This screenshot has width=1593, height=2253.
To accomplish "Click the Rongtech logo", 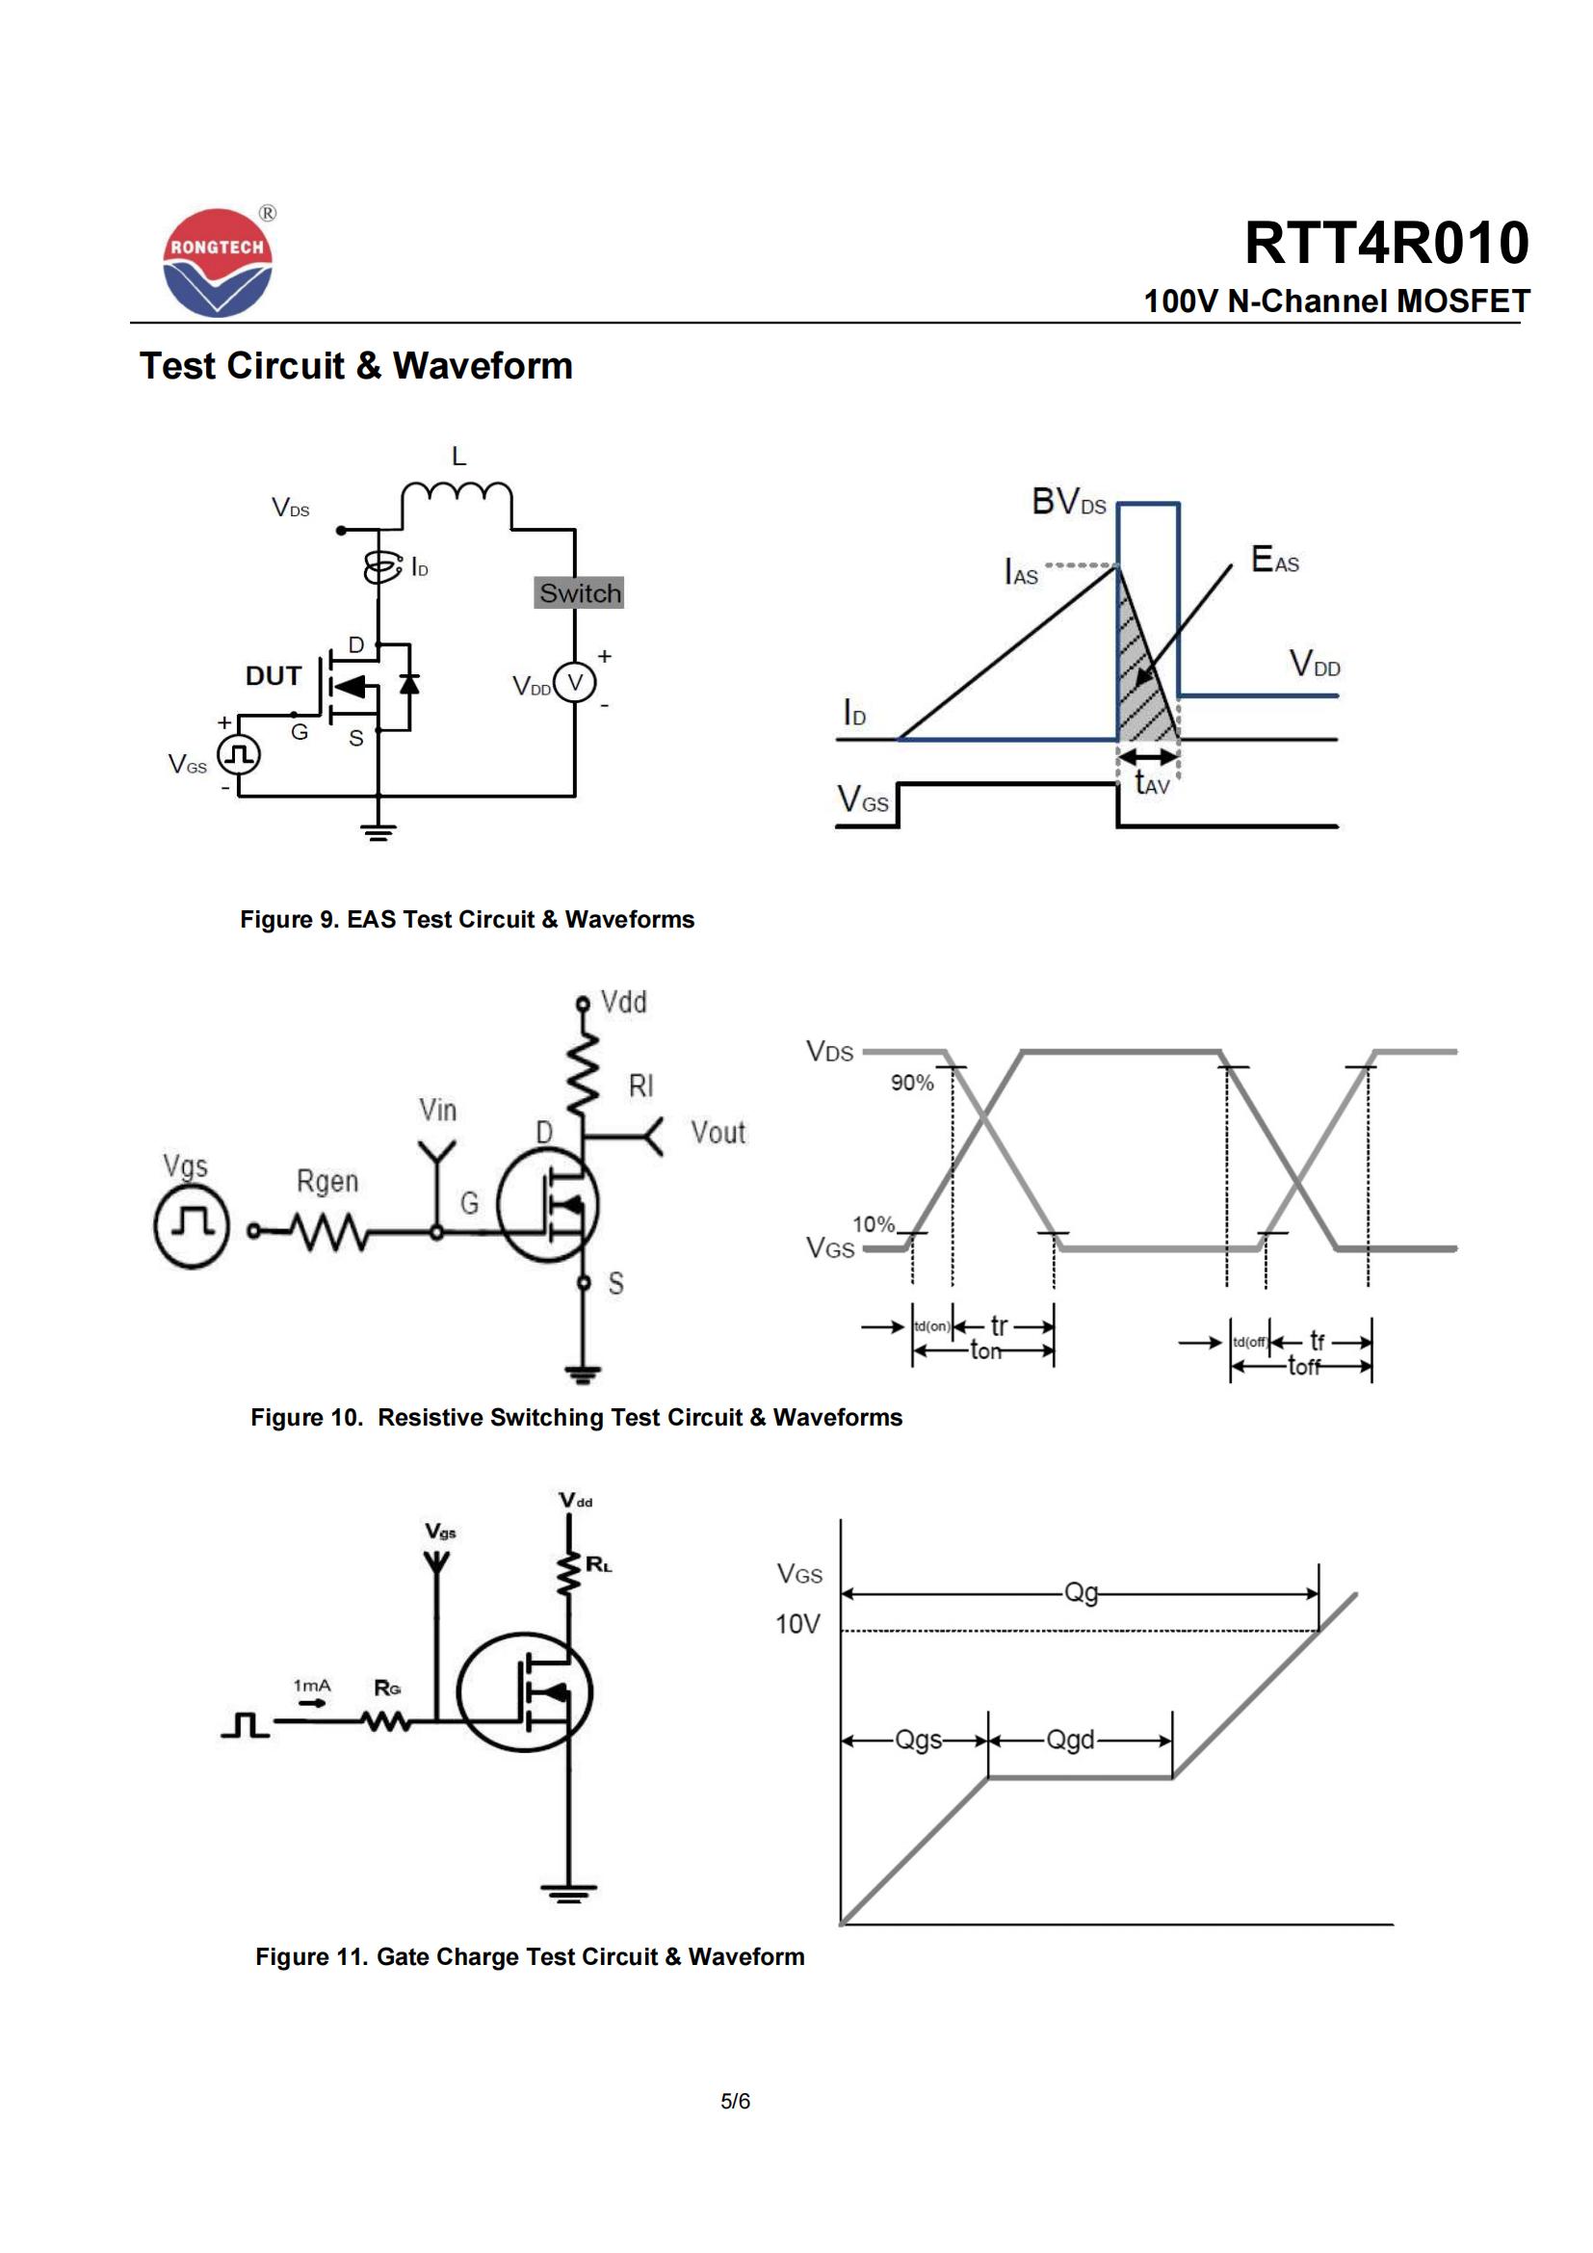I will coord(217,262).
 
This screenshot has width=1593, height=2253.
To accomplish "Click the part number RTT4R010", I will coord(1386,243).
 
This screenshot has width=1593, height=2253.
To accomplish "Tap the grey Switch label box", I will coord(579,592).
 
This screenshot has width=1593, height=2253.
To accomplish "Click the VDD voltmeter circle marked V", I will coord(575,683).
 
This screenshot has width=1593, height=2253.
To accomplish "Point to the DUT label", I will coord(273,676).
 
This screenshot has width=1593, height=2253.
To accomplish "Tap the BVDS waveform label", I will coord(1068,503).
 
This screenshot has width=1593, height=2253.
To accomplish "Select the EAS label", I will coord(1274,561).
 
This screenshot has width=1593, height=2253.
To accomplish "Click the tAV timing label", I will coord(1152,783).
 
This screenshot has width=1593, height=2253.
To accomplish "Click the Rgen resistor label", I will coord(327,1182).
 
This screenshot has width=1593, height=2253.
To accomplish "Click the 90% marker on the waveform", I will coord(911,1083).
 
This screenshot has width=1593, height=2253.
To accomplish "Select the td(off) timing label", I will coord(1250,1342).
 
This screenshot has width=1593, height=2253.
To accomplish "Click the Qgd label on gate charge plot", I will coord(1069,1740).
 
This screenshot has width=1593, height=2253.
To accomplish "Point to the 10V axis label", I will coord(797,1624).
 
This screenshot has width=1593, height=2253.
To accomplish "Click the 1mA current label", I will coord(312,1686).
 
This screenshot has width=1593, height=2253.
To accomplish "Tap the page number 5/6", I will coord(735,2101).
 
